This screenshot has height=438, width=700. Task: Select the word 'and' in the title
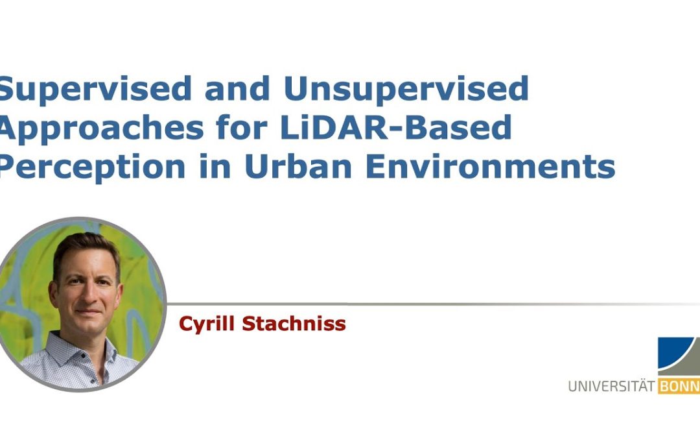pyautogui.click(x=237, y=88)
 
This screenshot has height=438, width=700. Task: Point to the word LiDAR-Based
pyautogui.click(x=397, y=127)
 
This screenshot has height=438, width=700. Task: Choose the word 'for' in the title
pyautogui.click(x=242, y=127)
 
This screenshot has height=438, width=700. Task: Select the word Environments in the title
pyautogui.click(x=491, y=166)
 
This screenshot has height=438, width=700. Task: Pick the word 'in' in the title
pyautogui.click(x=215, y=166)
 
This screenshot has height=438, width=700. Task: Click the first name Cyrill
pyautogui.click(x=207, y=324)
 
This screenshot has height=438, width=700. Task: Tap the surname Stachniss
pyautogui.click(x=294, y=324)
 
